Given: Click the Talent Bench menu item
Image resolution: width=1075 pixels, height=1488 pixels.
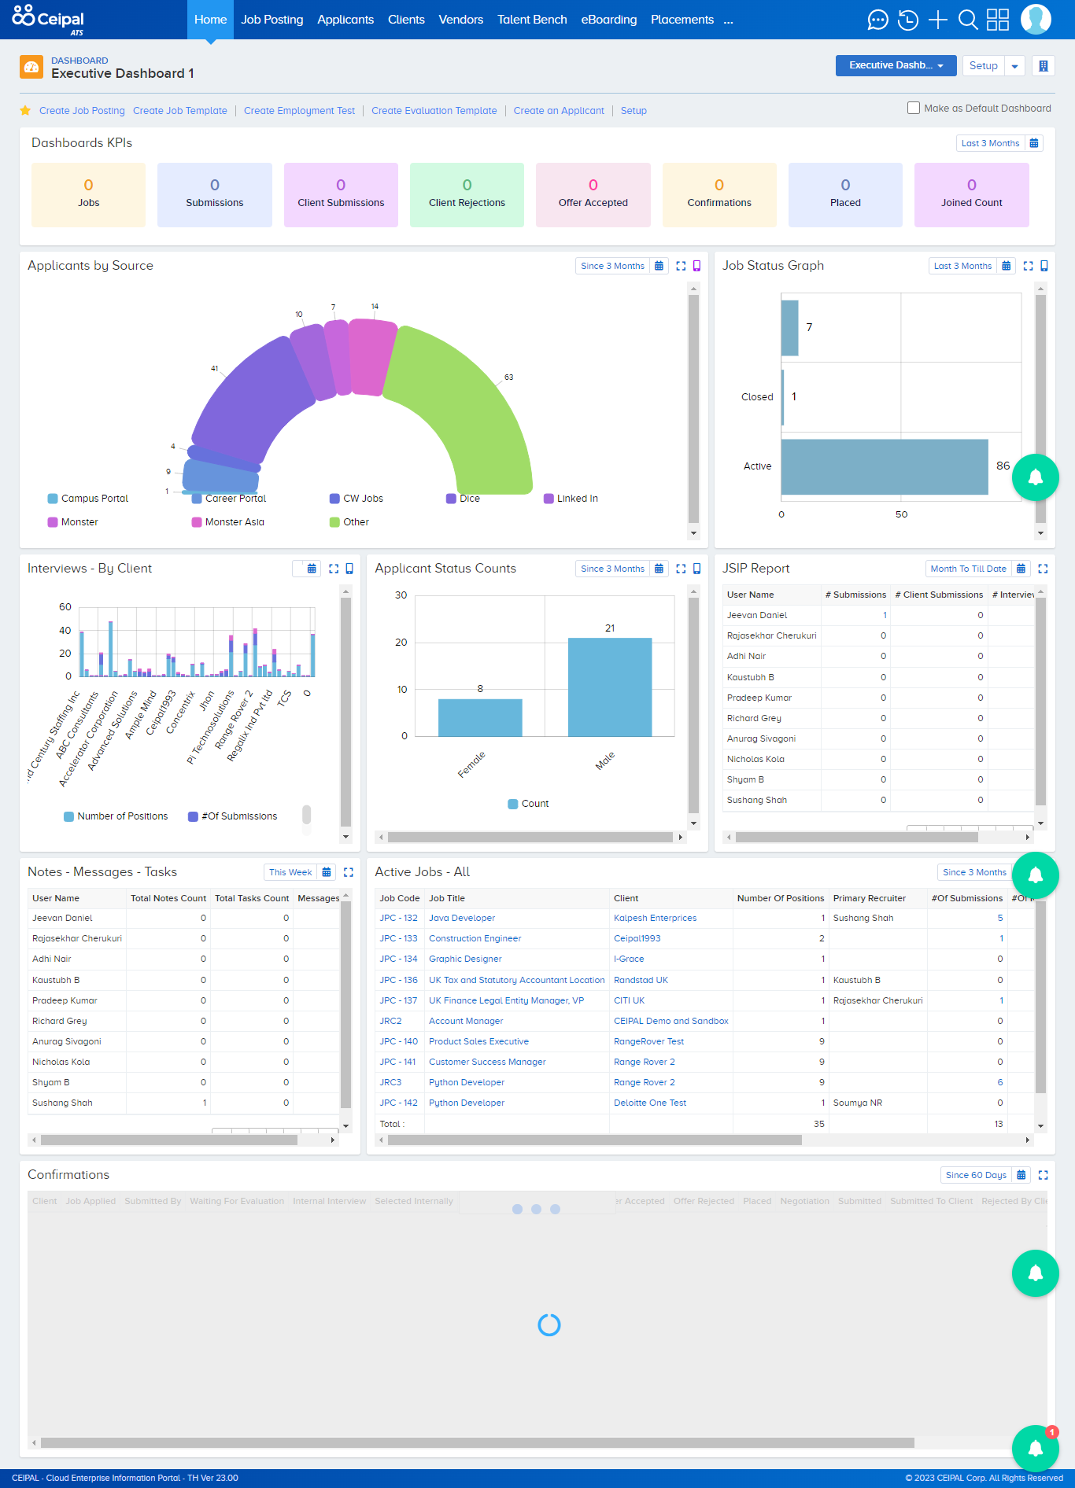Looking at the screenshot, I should [532, 20].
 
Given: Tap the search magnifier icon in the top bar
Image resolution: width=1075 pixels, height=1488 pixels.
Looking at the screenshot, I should [968, 20].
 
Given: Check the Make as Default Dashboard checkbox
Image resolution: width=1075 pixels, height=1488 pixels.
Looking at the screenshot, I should [914, 108].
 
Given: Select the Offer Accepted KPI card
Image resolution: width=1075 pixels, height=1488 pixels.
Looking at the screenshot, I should [593, 195].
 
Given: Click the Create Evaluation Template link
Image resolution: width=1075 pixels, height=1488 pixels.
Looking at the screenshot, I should [434, 111].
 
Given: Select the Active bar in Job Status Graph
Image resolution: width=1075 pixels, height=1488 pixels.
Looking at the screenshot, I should [885, 466].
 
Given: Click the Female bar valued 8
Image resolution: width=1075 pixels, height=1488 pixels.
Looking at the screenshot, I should [480, 717].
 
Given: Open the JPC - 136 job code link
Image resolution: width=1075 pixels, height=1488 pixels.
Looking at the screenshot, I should [399, 980].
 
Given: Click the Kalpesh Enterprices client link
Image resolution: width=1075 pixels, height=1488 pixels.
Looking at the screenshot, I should [655, 918].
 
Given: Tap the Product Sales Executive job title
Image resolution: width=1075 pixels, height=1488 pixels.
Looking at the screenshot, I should [478, 1041].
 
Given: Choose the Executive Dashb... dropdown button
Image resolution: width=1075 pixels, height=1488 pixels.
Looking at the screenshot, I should [896, 65].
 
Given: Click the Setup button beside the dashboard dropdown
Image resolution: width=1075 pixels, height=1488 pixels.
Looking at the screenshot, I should [983, 65].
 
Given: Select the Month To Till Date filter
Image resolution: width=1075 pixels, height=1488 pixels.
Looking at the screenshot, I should [968, 569].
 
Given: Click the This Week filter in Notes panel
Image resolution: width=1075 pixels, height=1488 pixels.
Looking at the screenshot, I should [290, 872].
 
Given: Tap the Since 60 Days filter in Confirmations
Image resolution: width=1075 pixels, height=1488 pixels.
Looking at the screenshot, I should [976, 1175].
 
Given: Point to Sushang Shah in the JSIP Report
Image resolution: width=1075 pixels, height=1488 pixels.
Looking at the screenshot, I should [756, 800].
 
